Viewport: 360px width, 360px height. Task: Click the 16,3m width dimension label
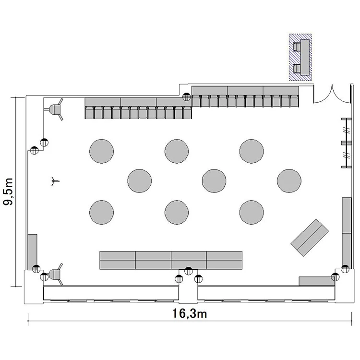click(190, 313)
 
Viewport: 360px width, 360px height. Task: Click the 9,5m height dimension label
click(8, 192)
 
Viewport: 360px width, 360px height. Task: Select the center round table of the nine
click(214, 180)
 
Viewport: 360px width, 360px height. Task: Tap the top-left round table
click(101, 151)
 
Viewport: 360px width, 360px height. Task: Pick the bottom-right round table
click(252, 212)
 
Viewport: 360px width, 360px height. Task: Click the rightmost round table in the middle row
click(289, 180)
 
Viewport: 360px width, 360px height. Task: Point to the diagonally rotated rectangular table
click(310, 238)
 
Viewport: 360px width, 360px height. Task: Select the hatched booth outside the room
click(300, 57)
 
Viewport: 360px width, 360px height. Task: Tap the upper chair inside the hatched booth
click(297, 47)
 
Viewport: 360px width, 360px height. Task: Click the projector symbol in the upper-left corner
click(55, 109)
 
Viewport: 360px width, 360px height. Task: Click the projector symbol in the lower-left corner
click(55, 274)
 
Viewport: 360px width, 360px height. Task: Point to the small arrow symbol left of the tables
click(55, 181)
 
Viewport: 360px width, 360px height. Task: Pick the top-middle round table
click(177, 151)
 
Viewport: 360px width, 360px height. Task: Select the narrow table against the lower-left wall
click(32, 252)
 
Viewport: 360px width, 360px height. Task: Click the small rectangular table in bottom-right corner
click(317, 281)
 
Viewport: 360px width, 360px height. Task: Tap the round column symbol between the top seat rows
click(186, 97)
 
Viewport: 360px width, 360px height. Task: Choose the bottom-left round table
click(101, 212)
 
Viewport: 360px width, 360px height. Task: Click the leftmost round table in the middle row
click(139, 180)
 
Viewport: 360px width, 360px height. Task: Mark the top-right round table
click(252, 151)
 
